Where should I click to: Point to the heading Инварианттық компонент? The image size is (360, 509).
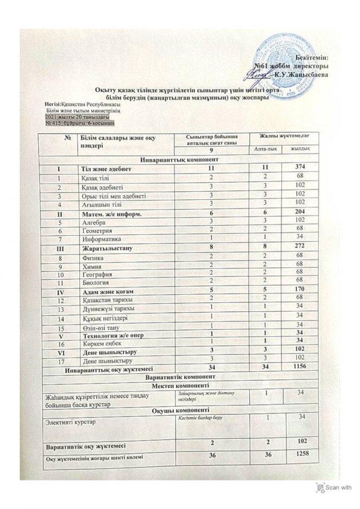tap(180, 160)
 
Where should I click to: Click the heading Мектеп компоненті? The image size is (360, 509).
tap(180, 386)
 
